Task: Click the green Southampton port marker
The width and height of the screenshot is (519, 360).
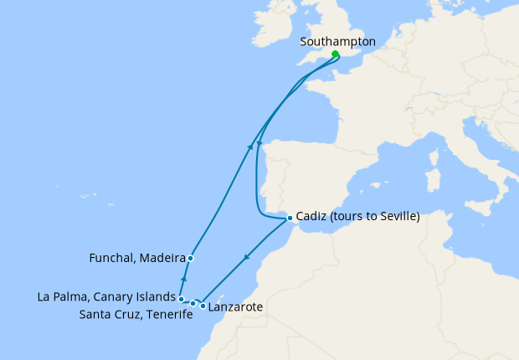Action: coord(335,54)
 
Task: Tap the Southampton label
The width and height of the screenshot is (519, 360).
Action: coord(337,41)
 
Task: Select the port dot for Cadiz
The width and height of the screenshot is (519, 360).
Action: coord(290,219)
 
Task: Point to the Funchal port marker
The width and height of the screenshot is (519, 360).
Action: coord(191,258)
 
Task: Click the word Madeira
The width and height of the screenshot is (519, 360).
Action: coord(162,258)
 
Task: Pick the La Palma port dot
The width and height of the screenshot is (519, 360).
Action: coord(181,298)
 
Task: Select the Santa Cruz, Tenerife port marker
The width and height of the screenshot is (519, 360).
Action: coord(193,303)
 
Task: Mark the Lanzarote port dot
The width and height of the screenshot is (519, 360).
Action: coord(203,306)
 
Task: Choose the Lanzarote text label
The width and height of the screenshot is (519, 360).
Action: coord(236,308)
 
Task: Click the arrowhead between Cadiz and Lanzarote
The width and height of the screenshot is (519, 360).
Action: coord(244,260)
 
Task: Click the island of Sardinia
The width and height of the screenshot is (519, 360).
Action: coord(433,181)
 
